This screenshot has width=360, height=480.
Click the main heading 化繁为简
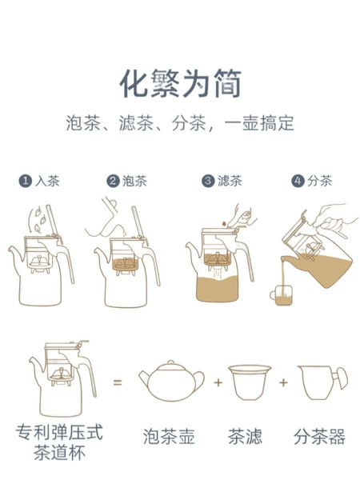click(180, 83)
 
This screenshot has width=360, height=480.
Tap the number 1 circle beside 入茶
click(26, 181)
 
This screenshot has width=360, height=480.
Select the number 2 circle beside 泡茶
click(113, 181)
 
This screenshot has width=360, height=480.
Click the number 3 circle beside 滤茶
click(208, 181)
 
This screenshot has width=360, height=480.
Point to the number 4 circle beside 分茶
click(298, 181)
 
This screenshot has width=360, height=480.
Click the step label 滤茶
click(230, 181)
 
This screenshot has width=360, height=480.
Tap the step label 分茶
click(319, 181)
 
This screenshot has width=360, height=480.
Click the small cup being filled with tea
click(282, 295)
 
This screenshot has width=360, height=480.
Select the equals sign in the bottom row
click(118, 382)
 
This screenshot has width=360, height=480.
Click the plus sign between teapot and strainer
click(218, 382)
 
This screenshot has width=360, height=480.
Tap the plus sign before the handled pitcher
click(283, 382)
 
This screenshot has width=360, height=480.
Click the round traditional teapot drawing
click(171, 381)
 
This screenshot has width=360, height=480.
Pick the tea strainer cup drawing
click(250, 382)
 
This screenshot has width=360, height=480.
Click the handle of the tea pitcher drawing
click(341, 378)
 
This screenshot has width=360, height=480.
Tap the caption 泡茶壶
click(169, 437)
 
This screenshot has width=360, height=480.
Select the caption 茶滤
click(245, 437)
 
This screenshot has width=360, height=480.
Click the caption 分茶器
click(319, 437)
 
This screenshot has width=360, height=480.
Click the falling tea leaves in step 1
click(38, 220)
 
